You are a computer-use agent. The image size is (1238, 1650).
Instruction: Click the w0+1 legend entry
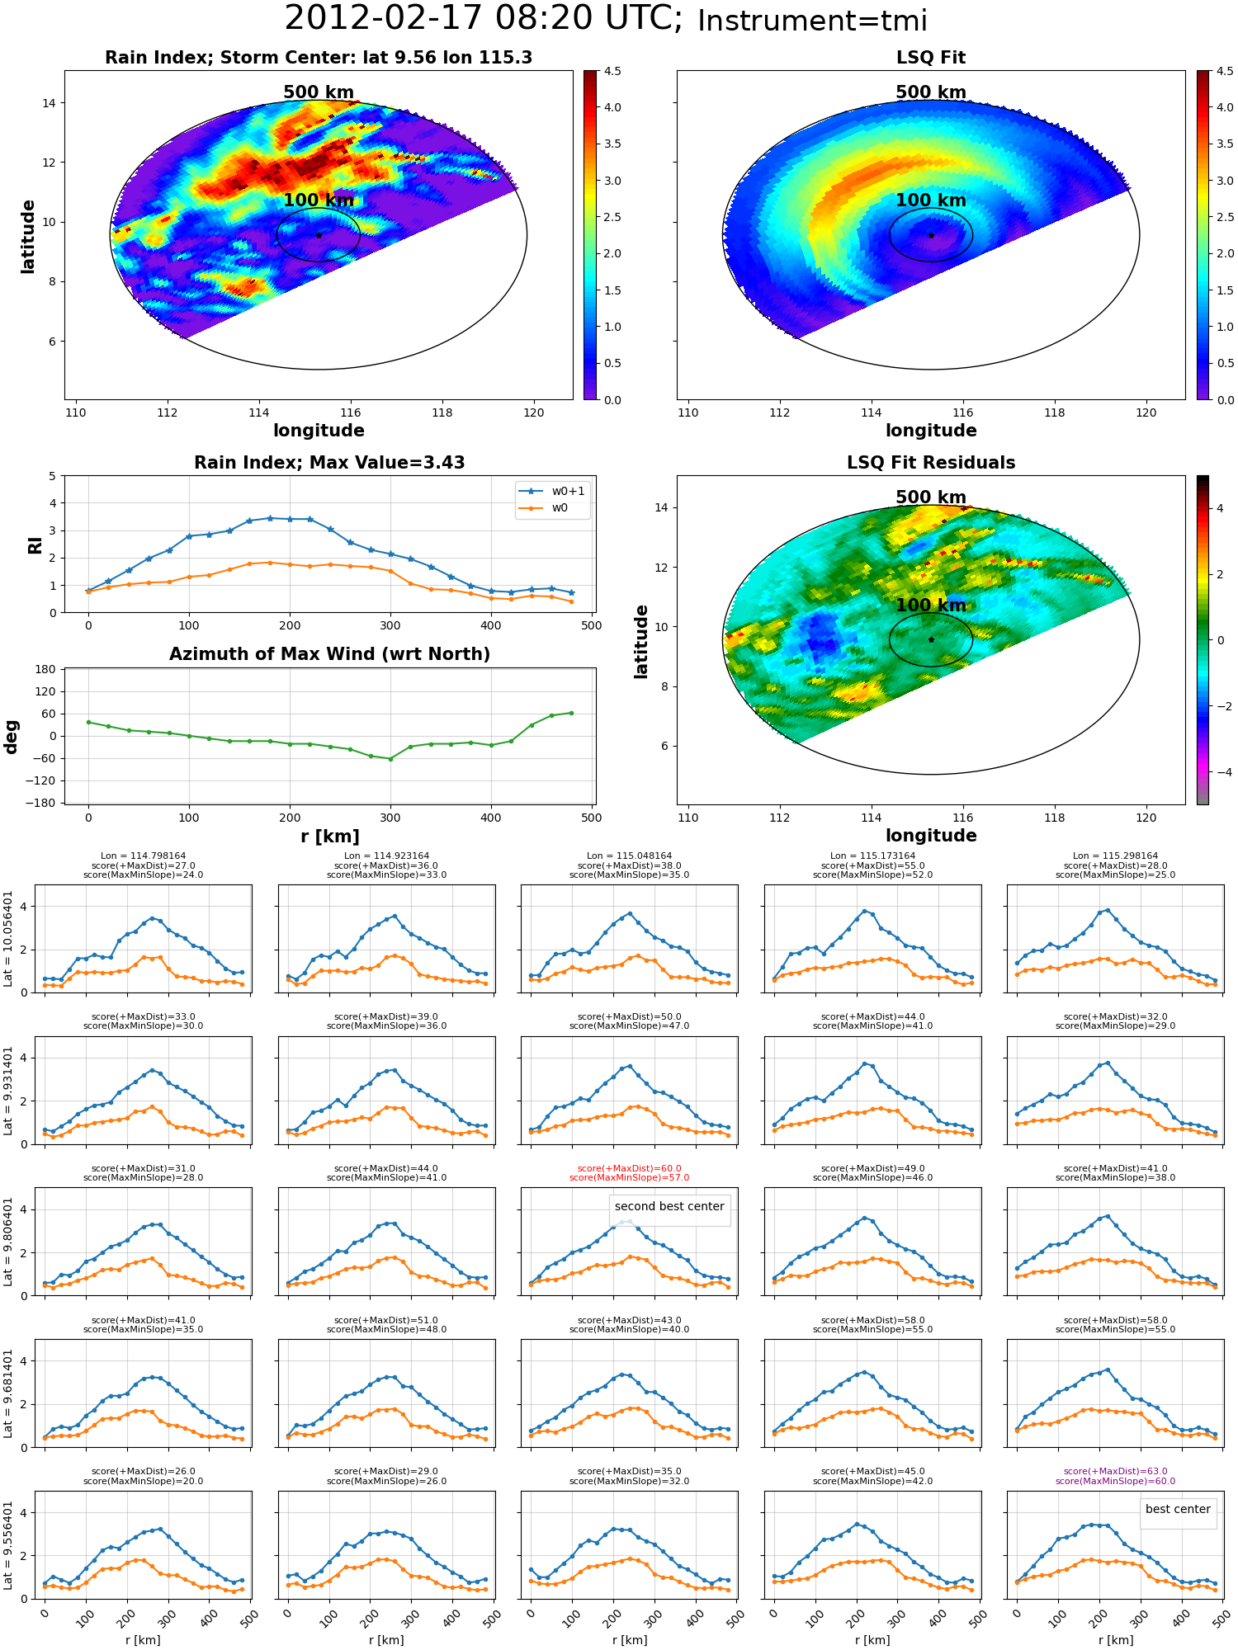click(552, 491)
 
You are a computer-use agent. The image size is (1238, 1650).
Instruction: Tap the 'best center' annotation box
click(1178, 1509)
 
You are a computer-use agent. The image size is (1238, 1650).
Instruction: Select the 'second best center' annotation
click(669, 1206)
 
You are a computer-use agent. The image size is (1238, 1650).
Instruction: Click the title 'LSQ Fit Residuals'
click(931, 463)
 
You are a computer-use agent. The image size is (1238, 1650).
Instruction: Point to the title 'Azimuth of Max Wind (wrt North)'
click(329, 654)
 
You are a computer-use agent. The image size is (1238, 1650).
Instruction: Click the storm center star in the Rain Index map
click(319, 235)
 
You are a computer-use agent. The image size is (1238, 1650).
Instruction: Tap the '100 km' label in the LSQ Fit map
click(931, 200)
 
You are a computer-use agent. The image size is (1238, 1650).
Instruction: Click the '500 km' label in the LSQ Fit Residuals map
click(931, 497)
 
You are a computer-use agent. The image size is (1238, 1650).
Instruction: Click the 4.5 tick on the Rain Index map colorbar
click(612, 71)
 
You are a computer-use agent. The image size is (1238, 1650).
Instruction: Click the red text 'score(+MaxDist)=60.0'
click(630, 1168)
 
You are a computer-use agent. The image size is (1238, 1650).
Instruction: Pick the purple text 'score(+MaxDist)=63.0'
click(1115, 1471)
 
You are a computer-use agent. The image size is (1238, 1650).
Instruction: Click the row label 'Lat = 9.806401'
click(8, 1242)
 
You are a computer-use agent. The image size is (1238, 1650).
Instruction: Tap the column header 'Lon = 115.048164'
click(630, 856)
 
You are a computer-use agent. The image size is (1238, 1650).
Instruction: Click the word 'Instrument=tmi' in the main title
click(812, 21)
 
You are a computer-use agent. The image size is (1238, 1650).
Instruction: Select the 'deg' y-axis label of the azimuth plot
click(12, 737)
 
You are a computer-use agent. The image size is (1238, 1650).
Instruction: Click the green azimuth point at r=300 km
click(390, 759)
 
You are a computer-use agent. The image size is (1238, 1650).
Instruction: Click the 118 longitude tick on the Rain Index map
click(442, 412)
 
